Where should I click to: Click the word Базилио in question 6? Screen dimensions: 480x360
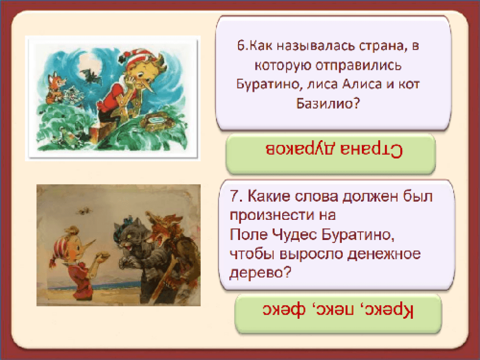324,104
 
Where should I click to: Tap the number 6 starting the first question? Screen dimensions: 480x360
241,46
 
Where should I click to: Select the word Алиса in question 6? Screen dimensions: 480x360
362,84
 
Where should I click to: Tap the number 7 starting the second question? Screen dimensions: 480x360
235,196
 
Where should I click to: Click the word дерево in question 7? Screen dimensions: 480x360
257,272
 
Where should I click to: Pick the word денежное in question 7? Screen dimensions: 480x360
384,254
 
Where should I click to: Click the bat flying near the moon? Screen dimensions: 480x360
91,76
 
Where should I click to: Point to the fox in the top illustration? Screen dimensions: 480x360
56,87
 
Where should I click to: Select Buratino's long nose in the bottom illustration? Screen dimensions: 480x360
87,246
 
